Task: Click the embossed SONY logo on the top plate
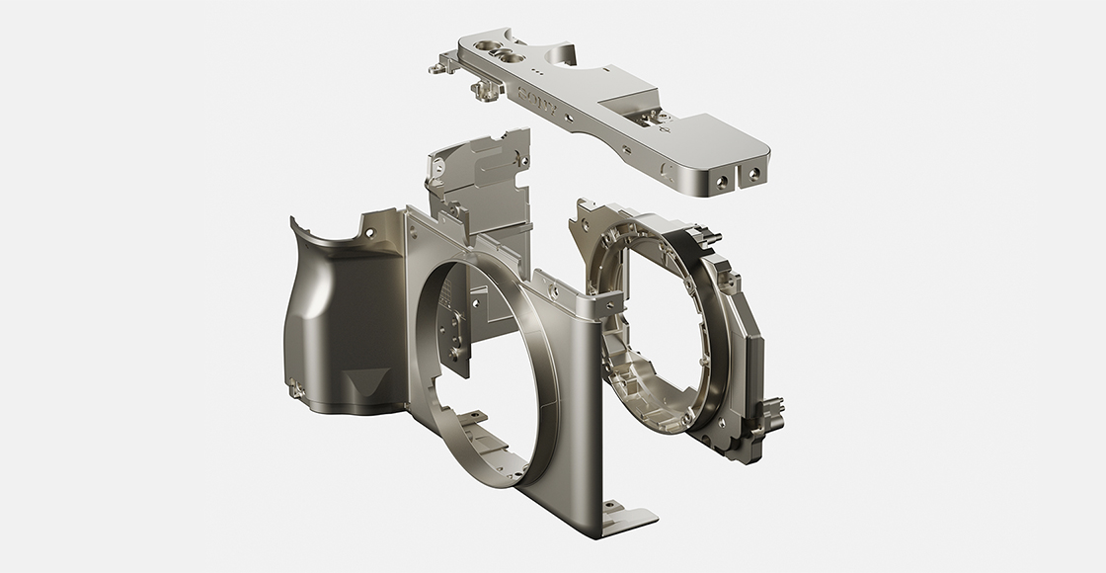coord(536,99)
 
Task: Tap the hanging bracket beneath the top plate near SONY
coord(484,91)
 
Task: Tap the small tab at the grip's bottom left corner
coord(294,393)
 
